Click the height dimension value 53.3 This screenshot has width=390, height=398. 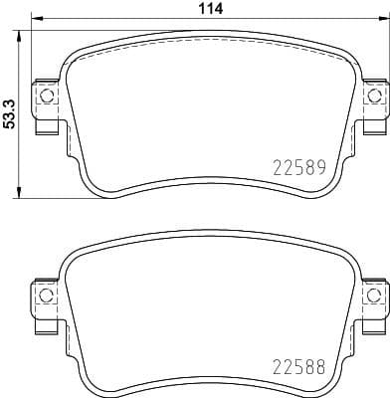pyautogui.click(x=9, y=108)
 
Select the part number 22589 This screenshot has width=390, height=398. pyautogui.click(x=300, y=167)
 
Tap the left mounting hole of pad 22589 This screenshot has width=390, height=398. pyautogui.click(x=46, y=97)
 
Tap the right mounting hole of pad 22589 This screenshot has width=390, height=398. pyautogui.click(x=374, y=97)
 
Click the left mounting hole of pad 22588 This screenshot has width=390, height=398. pyautogui.click(x=46, y=296)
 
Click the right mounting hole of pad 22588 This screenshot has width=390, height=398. pyautogui.click(x=374, y=296)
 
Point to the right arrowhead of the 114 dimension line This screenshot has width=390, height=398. pyautogui.click(x=384, y=19)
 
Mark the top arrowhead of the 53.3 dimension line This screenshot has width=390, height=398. pyautogui.click(x=22, y=29)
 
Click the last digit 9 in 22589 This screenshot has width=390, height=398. pyautogui.click(x=321, y=167)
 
